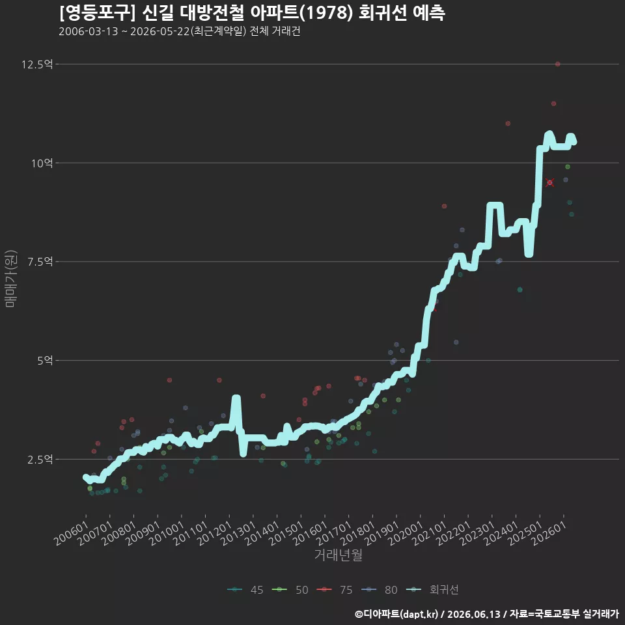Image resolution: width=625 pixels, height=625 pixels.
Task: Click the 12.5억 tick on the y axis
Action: pyautogui.click(x=37, y=64)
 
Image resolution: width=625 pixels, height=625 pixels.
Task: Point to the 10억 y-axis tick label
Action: pyautogui.click(x=42, y=163)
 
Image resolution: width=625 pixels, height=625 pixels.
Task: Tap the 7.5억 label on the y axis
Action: pyautogui.click(x=40, y=262)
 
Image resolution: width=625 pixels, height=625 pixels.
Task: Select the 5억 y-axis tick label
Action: pyautogui.click(x=45, y=360)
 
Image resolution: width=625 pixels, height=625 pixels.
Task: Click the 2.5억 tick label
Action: pyautogui.click(x=40, y=459)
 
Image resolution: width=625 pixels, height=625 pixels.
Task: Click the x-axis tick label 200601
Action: pyautogui.click(x=72, y=533)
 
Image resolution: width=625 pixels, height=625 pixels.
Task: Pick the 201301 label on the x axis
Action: pyautogui.click(x=239, y=533)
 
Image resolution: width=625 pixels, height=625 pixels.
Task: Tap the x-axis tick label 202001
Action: pyautogui.click(x=406, y=533)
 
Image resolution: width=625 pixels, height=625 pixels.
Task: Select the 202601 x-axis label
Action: pyautogui.click(x=549, y=533)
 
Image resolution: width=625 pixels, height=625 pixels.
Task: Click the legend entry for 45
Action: pyautogui.click(x=245, y=590)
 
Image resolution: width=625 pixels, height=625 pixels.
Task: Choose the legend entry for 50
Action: pyautogui.click(x=290, y=590)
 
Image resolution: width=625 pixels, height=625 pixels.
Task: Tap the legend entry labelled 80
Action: pyautogui.click(x=380, y=590)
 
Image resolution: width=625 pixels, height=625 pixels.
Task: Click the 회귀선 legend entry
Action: pyautogui.click(x=432, y=590)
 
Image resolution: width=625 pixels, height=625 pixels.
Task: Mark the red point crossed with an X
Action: pyautogui.click(x=549, y=182)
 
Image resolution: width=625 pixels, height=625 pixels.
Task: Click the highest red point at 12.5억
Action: pyautogui.click(x=558, y=64)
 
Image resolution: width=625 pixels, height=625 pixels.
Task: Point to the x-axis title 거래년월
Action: pyautogui.click(x=339, y=555)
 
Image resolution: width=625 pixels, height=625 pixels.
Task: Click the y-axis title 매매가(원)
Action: pyautogui.click(x=10, y=279)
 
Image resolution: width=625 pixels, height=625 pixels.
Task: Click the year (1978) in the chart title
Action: pyautogui.click(x=326, y=13)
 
